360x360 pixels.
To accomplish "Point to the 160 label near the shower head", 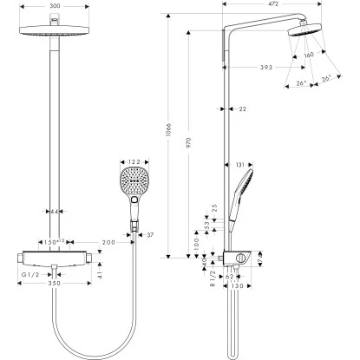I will click(x=309, y=56).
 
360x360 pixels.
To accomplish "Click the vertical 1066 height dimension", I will click(x=169, y=131).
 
